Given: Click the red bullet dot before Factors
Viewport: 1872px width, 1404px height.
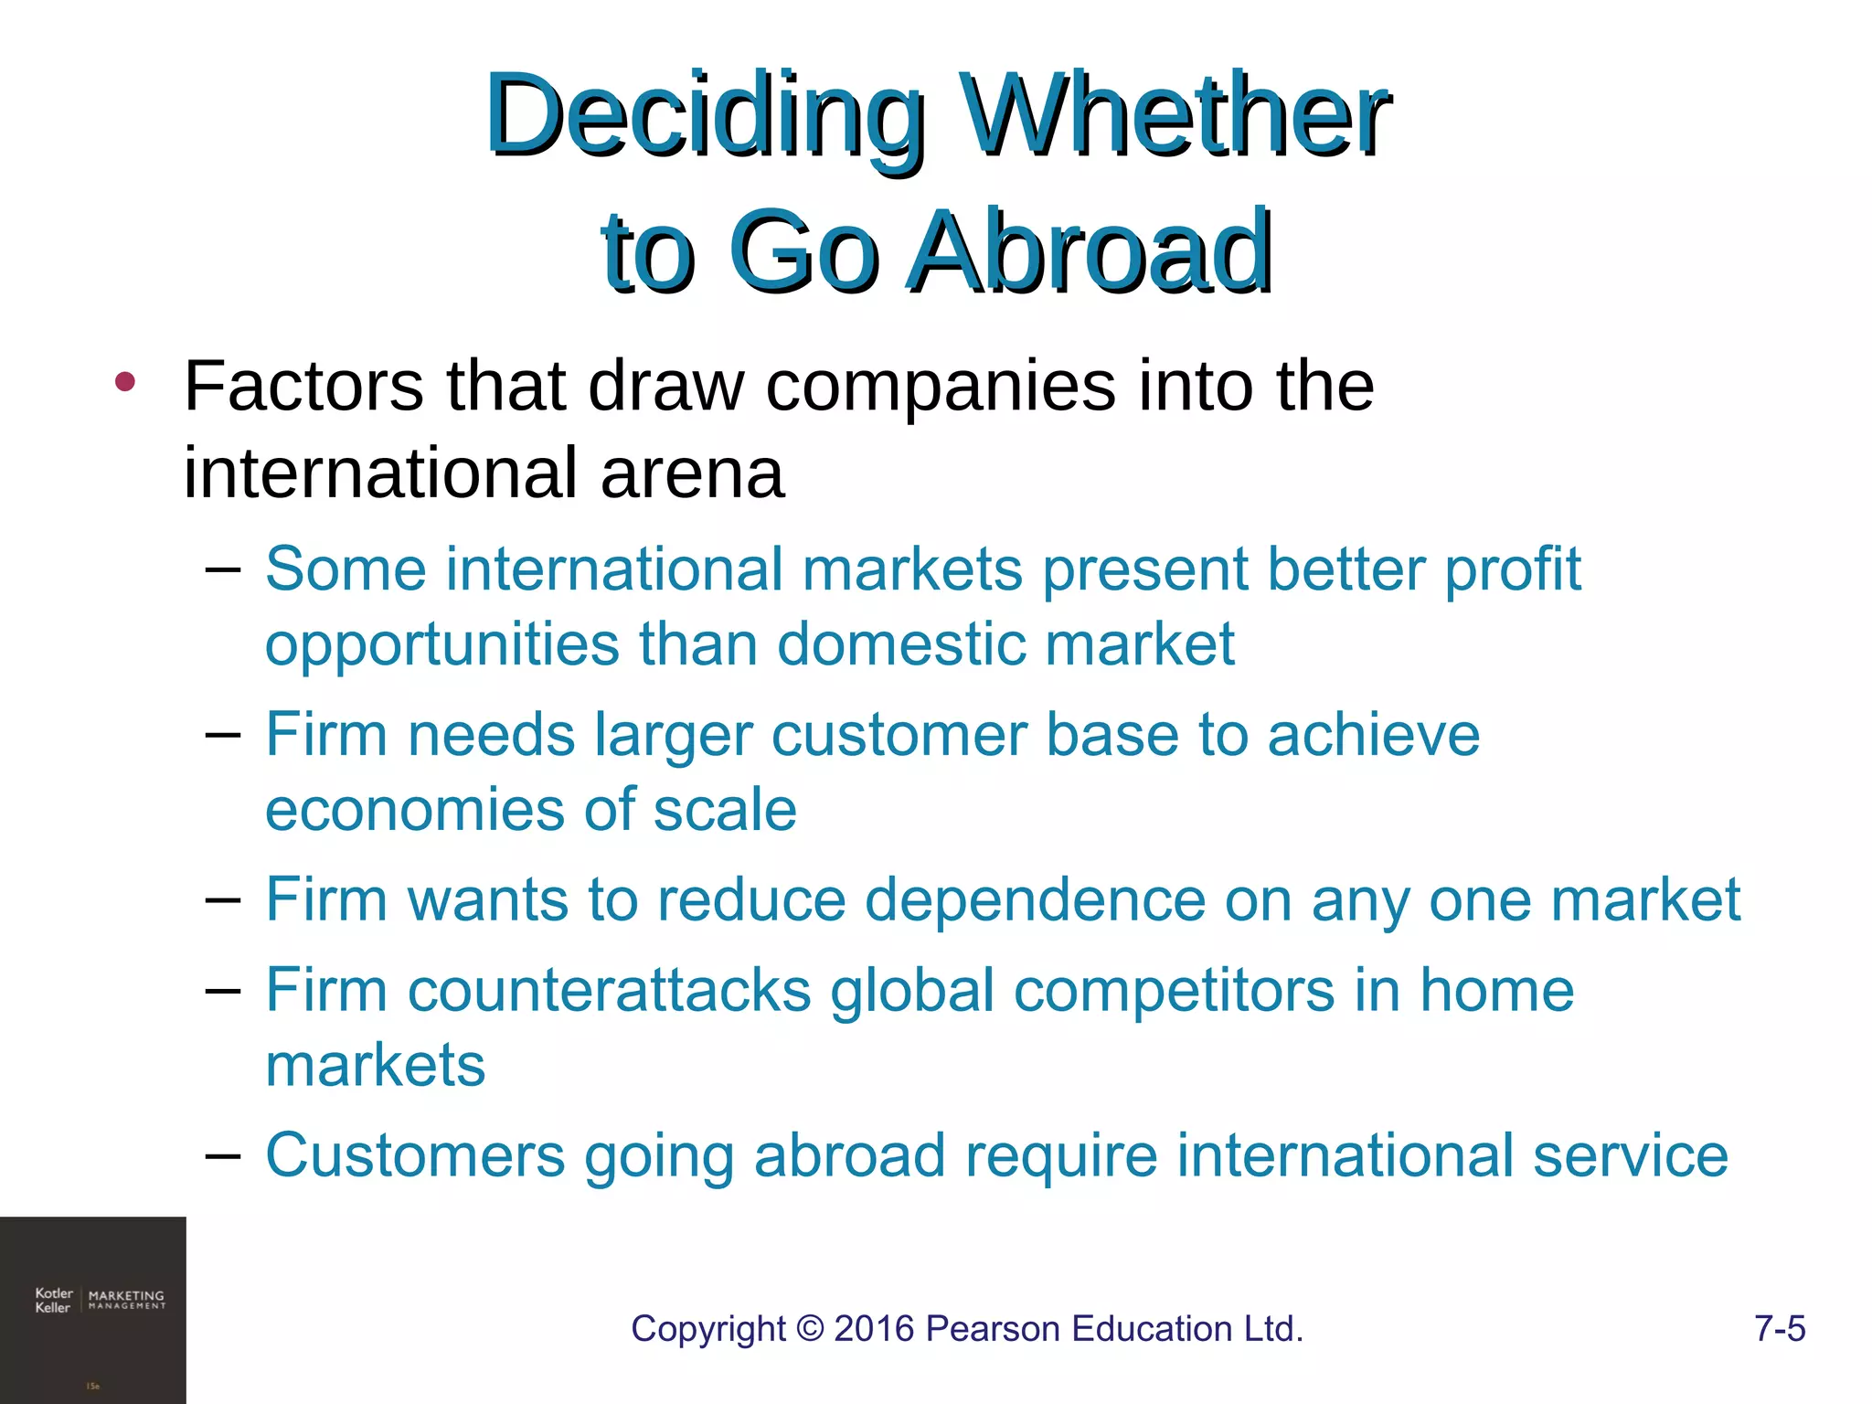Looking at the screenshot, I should [x=125, y=382].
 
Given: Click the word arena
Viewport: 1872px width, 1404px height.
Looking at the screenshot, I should [x=692, y=473].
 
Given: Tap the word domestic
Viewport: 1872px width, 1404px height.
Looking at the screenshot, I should [x=900, y=643].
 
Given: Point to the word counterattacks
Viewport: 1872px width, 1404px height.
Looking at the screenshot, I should [x=610, y=991].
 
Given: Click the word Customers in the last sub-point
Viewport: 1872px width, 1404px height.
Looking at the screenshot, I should [x=415, y=1155].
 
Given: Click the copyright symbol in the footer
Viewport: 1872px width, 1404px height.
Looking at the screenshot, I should [x=810, y=1328].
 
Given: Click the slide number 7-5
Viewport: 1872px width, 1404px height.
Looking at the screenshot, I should [x=1780, y=1328].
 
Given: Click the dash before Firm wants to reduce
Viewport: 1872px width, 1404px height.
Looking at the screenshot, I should [x=223, y=900].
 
